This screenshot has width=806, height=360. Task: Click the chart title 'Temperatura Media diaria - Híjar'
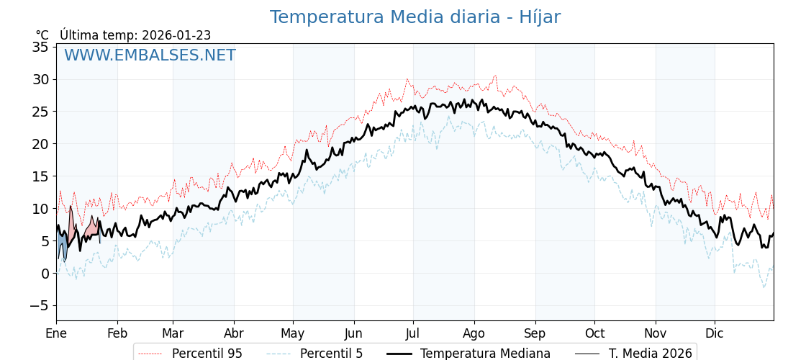(415, 17)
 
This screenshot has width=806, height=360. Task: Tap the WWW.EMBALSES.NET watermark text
(150, 55)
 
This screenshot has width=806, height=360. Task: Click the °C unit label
(42, 35)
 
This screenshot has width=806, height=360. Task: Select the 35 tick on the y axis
(40, 47)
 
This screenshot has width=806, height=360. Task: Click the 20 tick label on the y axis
(40, 144)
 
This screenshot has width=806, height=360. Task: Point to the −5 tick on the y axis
(37, 306)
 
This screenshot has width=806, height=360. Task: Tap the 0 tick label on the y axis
(45, 274)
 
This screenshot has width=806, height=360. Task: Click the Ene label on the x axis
(56, 333)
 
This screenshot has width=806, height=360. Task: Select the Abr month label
(234, 333)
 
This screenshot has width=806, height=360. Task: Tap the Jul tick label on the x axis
(413, 333)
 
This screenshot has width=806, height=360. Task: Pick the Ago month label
(474, 333)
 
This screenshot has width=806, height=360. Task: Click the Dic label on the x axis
(715, 333)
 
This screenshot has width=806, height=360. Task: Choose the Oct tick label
(594, 333)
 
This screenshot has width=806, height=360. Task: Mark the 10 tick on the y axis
(40, 209)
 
